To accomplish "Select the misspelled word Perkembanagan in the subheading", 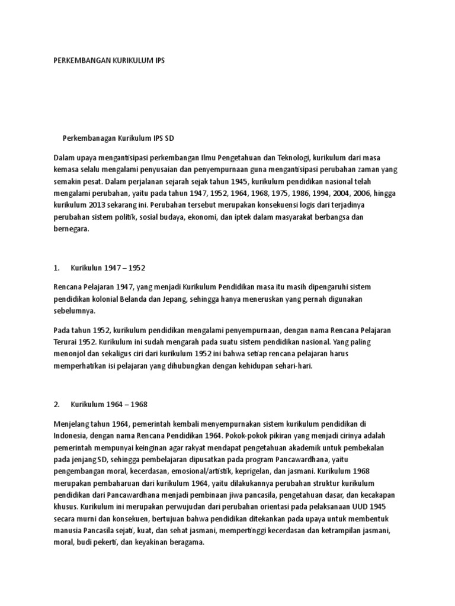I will [x=89, y=138].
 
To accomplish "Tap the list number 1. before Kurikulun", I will [x=57, y=267].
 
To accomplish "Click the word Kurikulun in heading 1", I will [x=86, y=267].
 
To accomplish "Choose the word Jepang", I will [x=171, y=298].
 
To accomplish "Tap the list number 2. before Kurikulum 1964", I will [x=57, y=404].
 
